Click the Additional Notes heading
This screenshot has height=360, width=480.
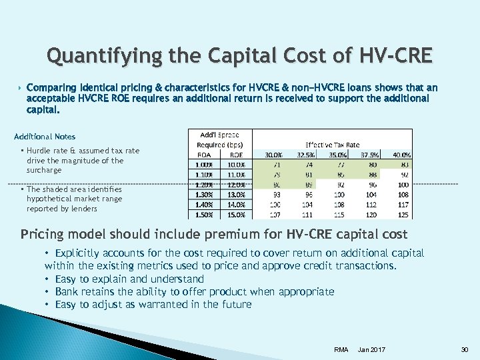click(45, 137)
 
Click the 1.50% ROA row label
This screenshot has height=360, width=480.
click(203, 215)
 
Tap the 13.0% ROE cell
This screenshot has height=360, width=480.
click(237, 194)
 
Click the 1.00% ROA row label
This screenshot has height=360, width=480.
click(203, 164)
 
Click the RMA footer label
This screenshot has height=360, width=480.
click(341, 350)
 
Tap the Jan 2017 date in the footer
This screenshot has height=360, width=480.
click(371, 350)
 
